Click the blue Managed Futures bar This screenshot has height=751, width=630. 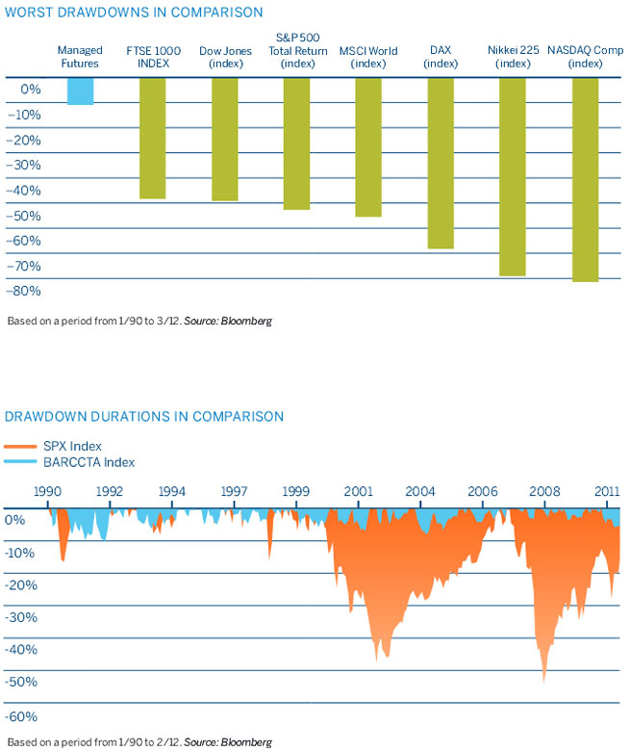80,91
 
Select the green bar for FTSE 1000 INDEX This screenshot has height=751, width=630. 152,138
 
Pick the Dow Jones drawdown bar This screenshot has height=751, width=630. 224,139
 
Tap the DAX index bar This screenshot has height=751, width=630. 441,163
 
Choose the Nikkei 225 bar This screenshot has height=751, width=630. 513,176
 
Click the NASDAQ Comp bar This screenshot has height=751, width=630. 585,179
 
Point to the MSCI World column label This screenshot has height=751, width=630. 368,57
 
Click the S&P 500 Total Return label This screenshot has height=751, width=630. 297,50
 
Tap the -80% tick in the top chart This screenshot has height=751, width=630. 28,291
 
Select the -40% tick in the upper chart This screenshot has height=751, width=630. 28,190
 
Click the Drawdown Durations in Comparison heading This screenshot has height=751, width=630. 144,417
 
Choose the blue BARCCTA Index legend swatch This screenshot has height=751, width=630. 20,462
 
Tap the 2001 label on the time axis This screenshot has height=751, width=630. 358,491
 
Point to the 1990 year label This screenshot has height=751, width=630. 47,491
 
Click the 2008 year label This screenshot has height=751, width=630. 543,491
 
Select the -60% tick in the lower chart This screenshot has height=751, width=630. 23,716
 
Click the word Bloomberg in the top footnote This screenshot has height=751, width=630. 249,321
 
